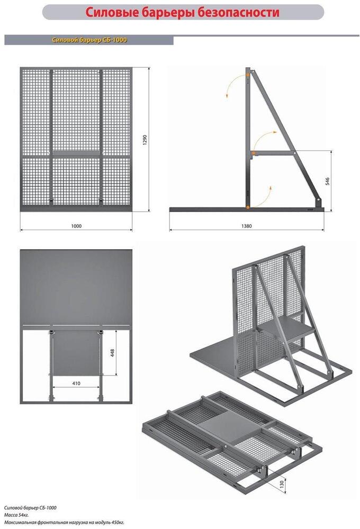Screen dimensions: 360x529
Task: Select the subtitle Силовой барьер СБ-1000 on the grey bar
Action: [89, 40]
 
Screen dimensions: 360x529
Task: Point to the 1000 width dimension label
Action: [77, 226]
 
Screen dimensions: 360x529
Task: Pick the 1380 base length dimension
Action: [247, 226]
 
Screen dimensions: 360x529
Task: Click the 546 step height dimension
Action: [327, 181]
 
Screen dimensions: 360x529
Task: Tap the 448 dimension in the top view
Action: [112, 353]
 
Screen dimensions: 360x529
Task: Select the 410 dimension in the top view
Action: [76, 383]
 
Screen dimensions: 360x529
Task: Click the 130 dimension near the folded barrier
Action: [282, 484]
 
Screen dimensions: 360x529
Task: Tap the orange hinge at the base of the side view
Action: [248, 207]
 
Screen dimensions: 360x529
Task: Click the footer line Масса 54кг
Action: [16, 515]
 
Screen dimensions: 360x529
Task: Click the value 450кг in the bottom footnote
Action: [116, 523]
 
